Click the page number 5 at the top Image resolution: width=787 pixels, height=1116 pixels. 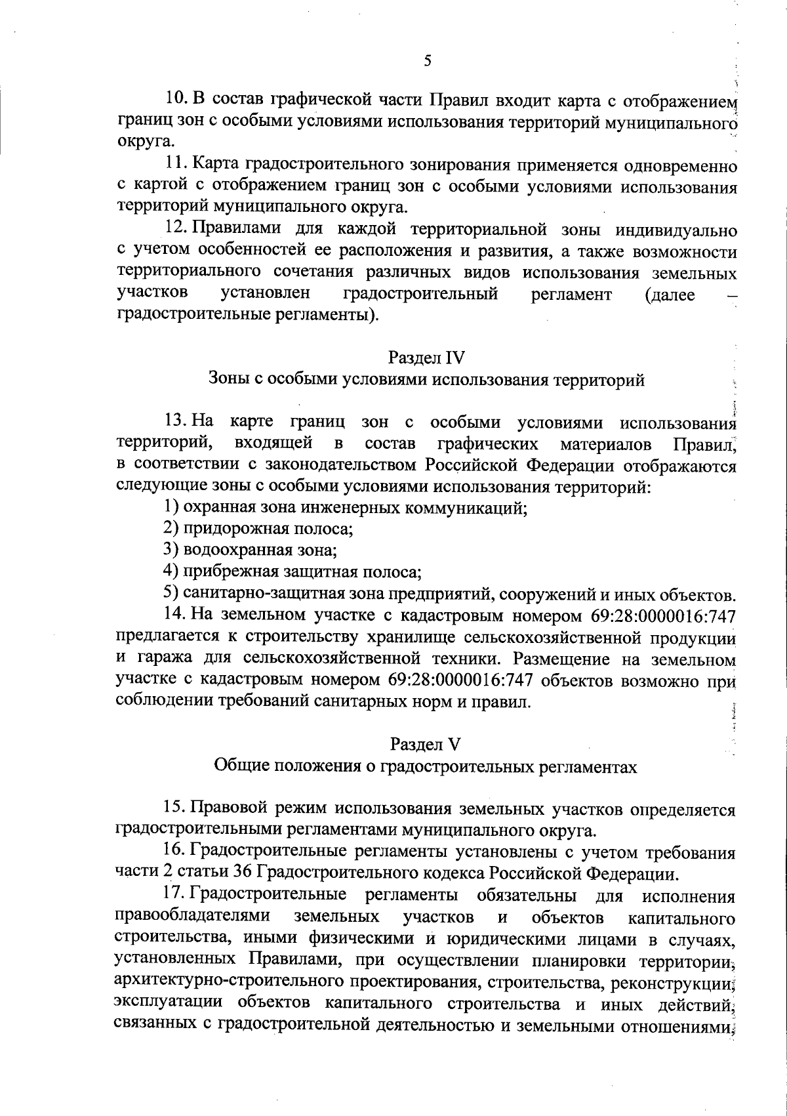click(x=427, y=61)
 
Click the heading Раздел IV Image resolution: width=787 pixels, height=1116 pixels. click(x=426, y=358)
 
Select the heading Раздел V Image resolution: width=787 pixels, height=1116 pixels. click(x=426, y=744)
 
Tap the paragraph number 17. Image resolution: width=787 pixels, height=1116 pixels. click(x=176, y=896)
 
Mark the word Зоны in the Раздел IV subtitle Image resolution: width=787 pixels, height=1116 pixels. click(x=224, y=380)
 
